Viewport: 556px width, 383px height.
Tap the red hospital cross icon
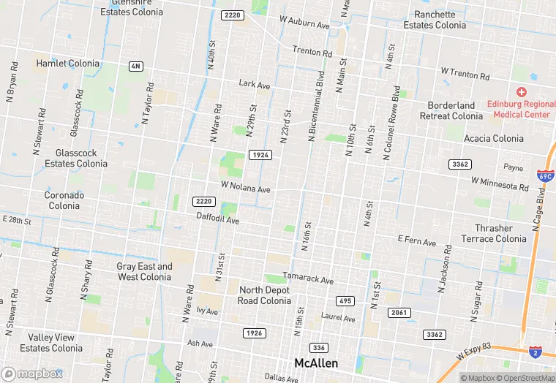coord(521,92)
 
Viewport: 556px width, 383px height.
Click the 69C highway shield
coord(545,176)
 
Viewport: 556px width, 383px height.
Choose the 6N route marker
coord(135,67)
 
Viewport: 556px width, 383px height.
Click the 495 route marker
coord(345,301)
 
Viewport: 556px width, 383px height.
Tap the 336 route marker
coord(318,347)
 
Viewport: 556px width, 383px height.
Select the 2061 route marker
coord(399,313)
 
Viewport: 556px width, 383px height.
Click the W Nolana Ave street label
coord(246,188)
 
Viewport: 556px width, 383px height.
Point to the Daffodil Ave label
coord(217,219)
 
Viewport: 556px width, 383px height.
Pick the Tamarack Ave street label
coord(308,280)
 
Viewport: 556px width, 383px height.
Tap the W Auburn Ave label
coord(306,23)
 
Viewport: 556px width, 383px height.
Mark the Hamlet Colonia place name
coord(67,64)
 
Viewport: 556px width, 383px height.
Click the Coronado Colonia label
coord(64,200)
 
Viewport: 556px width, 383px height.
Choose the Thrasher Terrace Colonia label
coord(493,234)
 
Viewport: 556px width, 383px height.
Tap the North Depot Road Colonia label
coord(265,295)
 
